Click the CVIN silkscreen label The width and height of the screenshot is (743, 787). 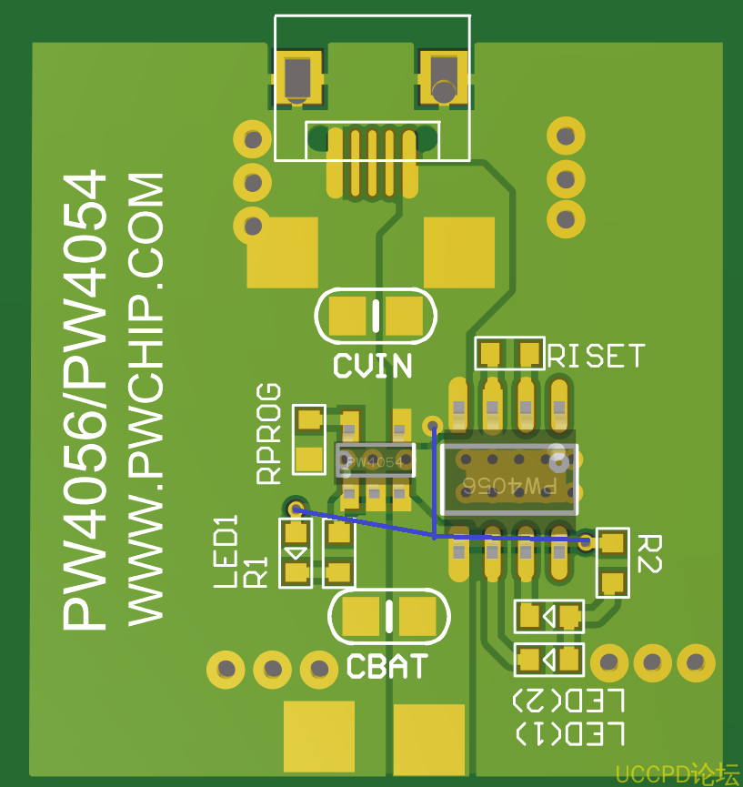pos(372,366)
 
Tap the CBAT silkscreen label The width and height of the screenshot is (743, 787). pos(387,667)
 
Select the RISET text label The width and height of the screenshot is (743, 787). pos(597,356)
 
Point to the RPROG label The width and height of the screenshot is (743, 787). pos(268,434)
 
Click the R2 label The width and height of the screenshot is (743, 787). pos(648,554)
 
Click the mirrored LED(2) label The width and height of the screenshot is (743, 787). pos(568,701)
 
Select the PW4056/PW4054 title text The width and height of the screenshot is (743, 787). pos(84,400)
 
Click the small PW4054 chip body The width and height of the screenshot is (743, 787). pos(375,460)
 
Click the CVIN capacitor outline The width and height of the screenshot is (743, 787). pos(376,316)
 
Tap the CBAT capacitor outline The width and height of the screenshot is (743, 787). pos(388,616)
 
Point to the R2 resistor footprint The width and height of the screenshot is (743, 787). pos(612,562)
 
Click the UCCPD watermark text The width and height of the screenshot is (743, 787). pos(677,774)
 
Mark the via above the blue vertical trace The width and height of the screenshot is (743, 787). pos(434,425)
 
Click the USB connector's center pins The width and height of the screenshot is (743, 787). pos(371,161)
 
